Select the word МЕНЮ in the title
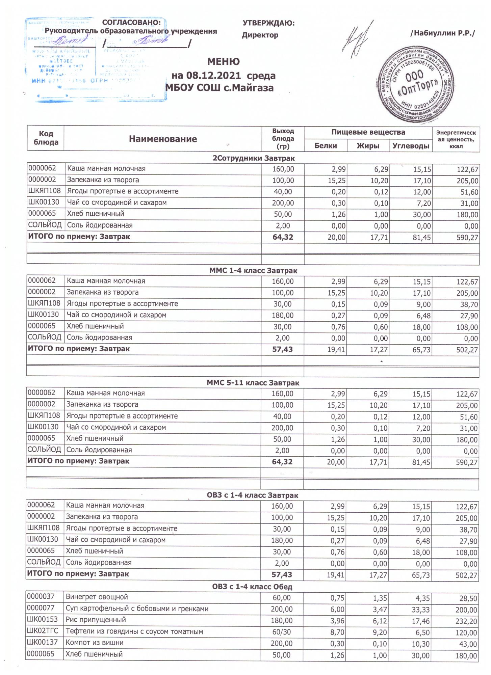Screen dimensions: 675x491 223,62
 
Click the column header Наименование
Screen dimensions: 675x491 163,139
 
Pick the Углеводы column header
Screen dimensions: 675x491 411,146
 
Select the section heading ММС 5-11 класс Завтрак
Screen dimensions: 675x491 253,383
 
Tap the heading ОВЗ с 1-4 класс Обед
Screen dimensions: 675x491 252,587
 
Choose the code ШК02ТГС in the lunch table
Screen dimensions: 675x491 43,631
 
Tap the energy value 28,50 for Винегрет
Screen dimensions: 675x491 468,598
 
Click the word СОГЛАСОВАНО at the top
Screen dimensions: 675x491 131,22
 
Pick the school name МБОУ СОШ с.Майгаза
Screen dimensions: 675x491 219,88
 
